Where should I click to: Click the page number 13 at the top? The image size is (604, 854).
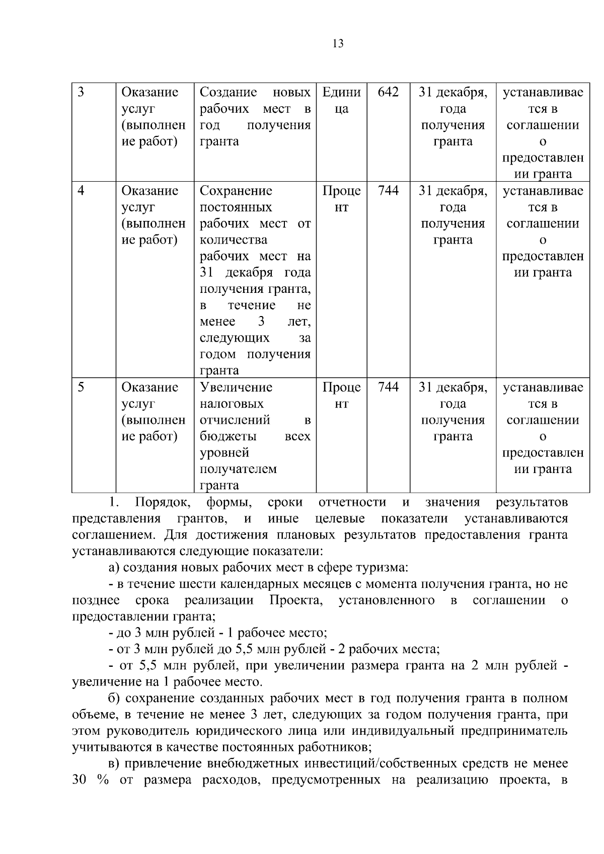pos(338,44)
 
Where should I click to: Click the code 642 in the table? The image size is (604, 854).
pos(388,92)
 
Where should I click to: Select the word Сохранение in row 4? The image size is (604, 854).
pos(236,191)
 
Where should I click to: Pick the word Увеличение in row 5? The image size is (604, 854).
pos(236,387)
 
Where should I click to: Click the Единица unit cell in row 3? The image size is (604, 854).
pos(341,100)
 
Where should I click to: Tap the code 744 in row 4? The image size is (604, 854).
pos(388,191)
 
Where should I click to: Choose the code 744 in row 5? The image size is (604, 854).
pos(388,387)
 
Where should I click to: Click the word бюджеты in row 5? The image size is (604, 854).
pos(228,436)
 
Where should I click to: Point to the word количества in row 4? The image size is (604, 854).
pos(233,240)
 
